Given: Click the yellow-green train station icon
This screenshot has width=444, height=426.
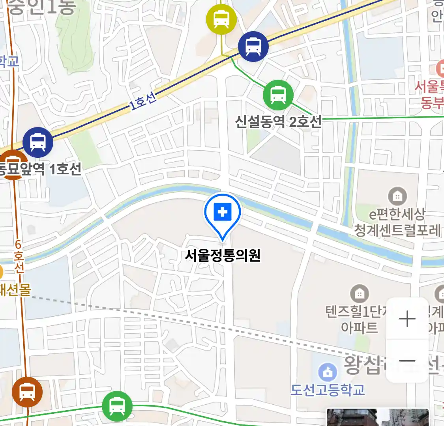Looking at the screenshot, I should [x=221, y=19].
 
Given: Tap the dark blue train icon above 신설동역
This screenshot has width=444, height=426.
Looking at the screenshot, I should [x=253, y=46].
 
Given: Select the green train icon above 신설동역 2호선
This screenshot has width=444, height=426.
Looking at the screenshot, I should [x=278, y=95].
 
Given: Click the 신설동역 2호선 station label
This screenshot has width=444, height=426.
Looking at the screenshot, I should [x=278, y=122].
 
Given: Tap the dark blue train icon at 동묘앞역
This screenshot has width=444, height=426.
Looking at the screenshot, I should [x=38, y=142].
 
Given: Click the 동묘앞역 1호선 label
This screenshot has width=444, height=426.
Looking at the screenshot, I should [x=39, y=169].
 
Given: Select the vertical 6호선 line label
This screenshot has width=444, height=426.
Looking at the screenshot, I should [x=19, y=256].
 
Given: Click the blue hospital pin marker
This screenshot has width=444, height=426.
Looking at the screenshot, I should [x=223, y=213].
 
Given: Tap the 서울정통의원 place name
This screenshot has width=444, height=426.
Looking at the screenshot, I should [x=223, y=256].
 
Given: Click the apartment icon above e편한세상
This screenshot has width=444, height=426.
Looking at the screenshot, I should [x=397, y=196].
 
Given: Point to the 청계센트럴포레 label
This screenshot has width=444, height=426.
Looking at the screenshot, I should [x=397, y=230].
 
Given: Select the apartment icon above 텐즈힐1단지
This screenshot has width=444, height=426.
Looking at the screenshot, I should [x=359, y=294].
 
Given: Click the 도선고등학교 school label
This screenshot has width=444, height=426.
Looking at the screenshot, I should [x=328, y=390].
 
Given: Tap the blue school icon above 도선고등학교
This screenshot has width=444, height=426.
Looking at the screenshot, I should [x=328, y=372].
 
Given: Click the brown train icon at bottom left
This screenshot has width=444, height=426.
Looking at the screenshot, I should [x=27, y=392].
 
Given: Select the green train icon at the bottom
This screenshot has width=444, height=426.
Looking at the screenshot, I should [x=117, y=406].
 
